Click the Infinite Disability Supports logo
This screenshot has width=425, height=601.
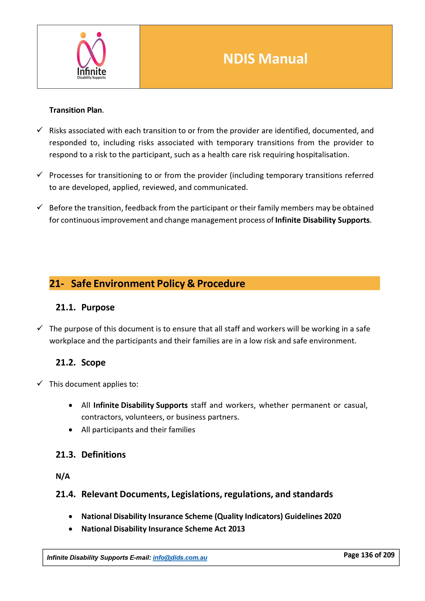pyautogui.click(x=91, y=56)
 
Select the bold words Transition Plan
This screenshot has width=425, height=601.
pyautogui.click(x=76, y=110)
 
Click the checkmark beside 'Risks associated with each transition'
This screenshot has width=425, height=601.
pyautogui.click(x=40, y=130)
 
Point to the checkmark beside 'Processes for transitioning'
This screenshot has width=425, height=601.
pyautogui.click(x=40, y=175)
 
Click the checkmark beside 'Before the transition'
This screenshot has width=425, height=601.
pyautogui.click(x=40, y=207)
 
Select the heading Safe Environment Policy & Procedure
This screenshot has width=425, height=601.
pyautogui.click(x=158, y=283)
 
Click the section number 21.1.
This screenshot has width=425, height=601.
pyautogui.click(x=65, y=307)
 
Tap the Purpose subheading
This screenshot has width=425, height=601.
pyautogui.click(x=98, y=307)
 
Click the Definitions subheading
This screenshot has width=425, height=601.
pyautogui.click(x=103, y=455)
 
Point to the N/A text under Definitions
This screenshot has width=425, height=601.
pyautogui.click(x=63, y=476)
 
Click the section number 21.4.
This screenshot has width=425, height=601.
pyautogui.click(x=65, y=494)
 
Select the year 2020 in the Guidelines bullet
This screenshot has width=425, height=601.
pyautogui.click(x=332, y=516)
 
